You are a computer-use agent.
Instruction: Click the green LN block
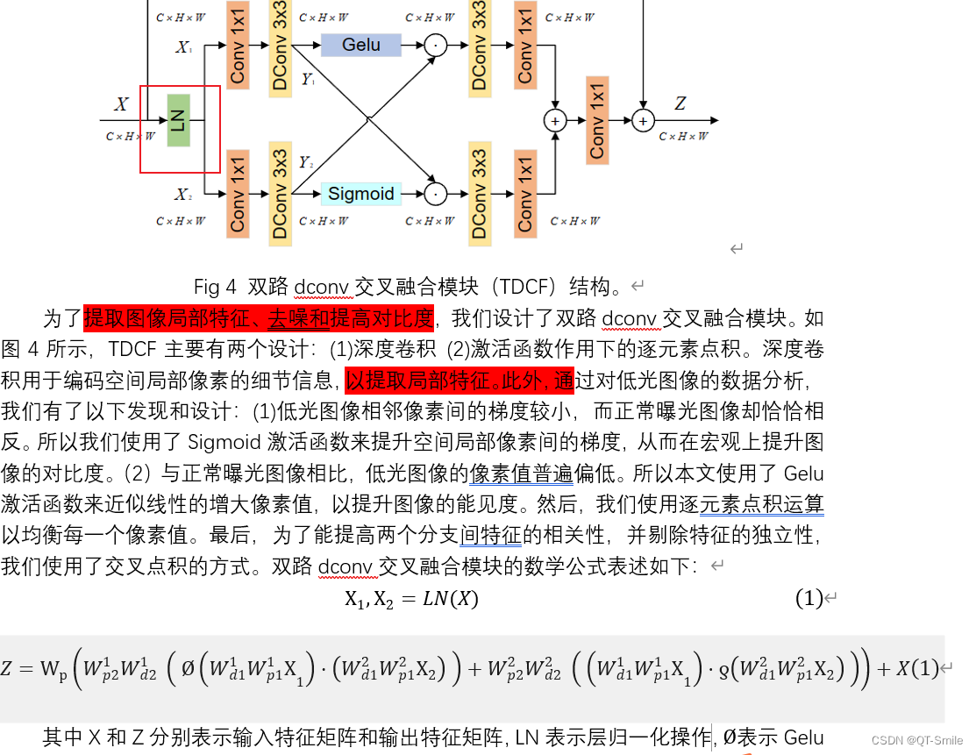[x=179, y=120]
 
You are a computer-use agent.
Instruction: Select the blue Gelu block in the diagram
[x=360, y=45]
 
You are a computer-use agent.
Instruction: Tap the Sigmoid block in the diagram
[x=360, y=194]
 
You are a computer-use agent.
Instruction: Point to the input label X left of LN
[x=121, y=105]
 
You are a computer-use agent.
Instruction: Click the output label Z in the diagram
[x=680, y=104]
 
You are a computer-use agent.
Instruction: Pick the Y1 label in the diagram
[x=308, y=80]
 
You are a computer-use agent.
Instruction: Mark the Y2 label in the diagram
[x=306, y=162]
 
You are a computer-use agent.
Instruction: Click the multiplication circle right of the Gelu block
[x=435, y=46]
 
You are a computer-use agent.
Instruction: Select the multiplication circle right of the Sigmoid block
[x=435, y=194]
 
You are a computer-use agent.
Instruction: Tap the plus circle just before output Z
[x=644, y=121]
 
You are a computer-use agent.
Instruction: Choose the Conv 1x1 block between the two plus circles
[x=597, y=120]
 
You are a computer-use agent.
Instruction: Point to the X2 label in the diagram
[x=182, y=194]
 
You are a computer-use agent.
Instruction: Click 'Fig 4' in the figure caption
[x=216, y=287]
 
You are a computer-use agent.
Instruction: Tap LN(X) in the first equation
[x=449, y=599]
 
